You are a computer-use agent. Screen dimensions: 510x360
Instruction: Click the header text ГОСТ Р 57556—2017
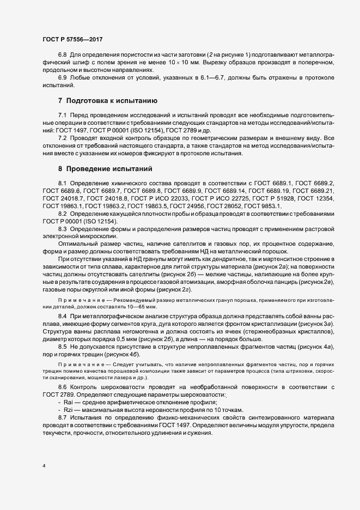click(x=72, y=40)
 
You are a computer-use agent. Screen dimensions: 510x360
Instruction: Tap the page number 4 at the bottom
click(x=44, y=466)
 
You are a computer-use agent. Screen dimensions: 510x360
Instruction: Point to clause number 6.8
click(x=62, y=57)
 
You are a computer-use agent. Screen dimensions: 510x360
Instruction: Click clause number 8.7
click(x=62, y=417)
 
